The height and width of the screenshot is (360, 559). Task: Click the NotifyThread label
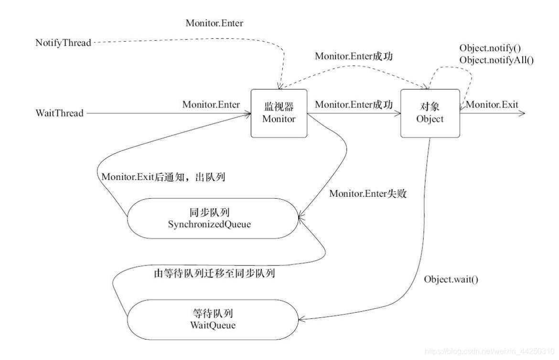63,43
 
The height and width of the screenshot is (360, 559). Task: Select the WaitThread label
60,114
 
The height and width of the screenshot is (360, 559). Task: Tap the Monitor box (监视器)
279,114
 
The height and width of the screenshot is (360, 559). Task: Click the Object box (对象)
430,114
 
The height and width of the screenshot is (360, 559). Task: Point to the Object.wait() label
451,278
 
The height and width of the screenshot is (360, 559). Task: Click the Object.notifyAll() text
496,60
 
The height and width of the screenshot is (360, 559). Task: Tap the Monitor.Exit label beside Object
492,105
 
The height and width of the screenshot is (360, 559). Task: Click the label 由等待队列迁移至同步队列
213,274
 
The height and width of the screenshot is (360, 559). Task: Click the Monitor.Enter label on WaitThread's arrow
211,105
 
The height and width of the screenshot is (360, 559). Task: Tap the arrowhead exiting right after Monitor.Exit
522,114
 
